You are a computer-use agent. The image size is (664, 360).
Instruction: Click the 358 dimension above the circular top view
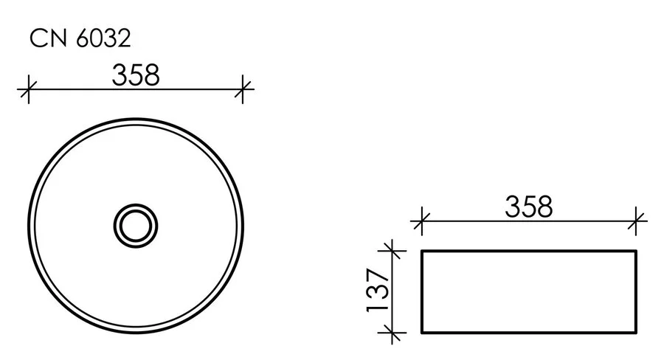point(135,75)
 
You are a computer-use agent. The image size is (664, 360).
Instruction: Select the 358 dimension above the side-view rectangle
point(528,207)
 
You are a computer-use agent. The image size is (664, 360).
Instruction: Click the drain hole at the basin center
point(136,224)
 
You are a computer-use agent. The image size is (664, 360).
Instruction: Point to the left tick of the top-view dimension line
point(28,90)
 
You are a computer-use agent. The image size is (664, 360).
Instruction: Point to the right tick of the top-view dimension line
point(243,90)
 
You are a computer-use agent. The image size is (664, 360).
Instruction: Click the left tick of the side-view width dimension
point(421,219)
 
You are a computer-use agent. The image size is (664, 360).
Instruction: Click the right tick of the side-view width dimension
point(637,219)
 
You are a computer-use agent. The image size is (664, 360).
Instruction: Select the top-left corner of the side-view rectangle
point(421,251)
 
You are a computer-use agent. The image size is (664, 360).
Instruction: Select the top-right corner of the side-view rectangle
point(637,251)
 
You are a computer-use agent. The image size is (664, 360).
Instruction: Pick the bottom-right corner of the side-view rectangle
point(637,333)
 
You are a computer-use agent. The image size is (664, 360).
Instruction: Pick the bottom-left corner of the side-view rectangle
point(421,333)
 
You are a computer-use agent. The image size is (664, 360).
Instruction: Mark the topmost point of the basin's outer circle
point(136,117)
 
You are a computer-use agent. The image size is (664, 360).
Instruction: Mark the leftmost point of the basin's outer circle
point(28,224)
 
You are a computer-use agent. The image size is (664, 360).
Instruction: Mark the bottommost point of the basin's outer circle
point(136,331)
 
